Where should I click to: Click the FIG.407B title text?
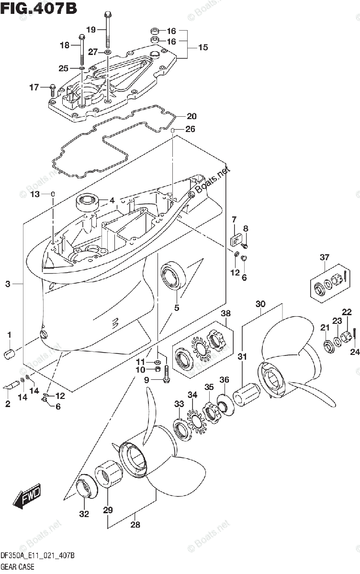[38, 8]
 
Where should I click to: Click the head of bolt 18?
[81, 35]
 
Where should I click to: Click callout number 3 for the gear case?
[8, 285]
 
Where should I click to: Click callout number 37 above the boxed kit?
[325, 258]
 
